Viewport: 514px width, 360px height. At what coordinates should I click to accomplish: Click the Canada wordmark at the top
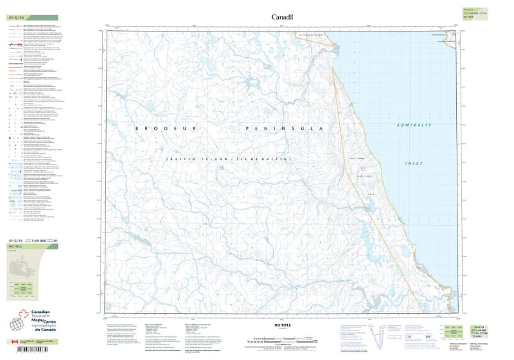(282, 17)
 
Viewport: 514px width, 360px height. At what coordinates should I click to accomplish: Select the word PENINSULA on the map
(283, 129)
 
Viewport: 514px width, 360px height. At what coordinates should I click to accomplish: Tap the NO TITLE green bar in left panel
(31, 247)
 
